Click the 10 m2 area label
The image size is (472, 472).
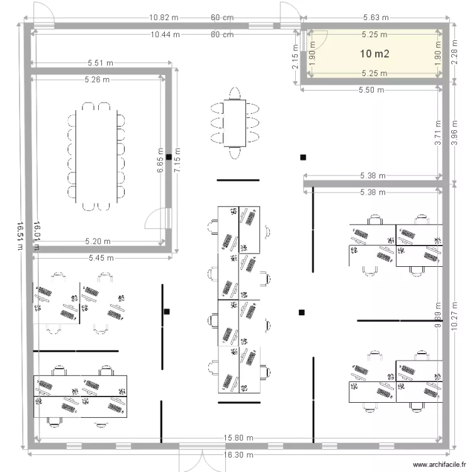pos(374,54)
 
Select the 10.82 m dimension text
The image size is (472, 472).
pos(164,18)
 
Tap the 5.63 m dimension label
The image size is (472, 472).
pos(376,18)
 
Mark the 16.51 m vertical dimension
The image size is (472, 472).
pos(21,235)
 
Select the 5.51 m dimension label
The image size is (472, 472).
pos(101,63)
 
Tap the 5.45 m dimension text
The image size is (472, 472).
pos(101,257)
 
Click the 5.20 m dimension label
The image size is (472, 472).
pos(98,241)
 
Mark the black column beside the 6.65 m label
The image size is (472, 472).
pos(168,157)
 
